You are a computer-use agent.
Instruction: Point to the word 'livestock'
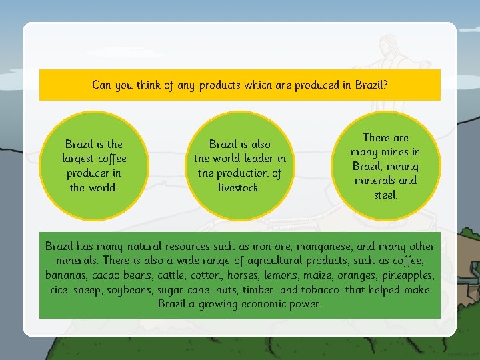(x=239, y=187)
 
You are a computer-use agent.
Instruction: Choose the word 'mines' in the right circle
(x=396, y=152)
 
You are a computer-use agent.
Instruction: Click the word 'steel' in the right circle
(x=385, y=195)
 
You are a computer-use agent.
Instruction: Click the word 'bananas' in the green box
(x=67, y=275)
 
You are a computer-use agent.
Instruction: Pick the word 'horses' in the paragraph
(x=251, y=275)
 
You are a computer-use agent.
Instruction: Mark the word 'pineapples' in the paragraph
(x=406, y=275)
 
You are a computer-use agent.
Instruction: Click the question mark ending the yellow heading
(x=387, y=85)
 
